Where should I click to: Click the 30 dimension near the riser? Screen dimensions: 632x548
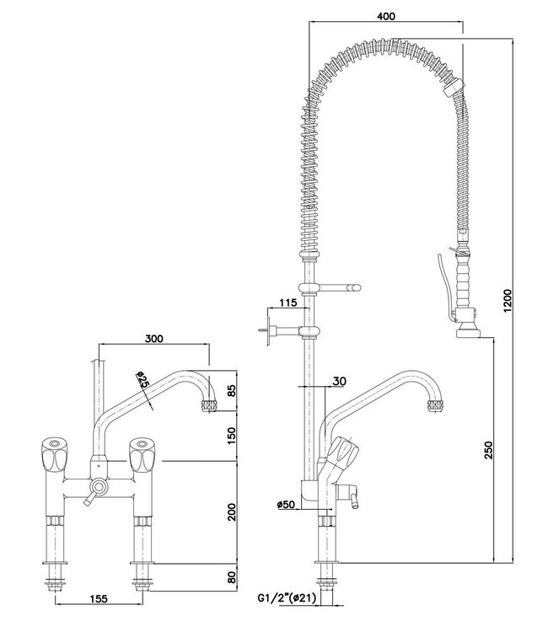click(337, 380)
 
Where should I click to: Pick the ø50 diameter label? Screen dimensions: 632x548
click(283, 506)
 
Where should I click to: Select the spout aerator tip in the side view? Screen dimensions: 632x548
click(436, 408)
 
